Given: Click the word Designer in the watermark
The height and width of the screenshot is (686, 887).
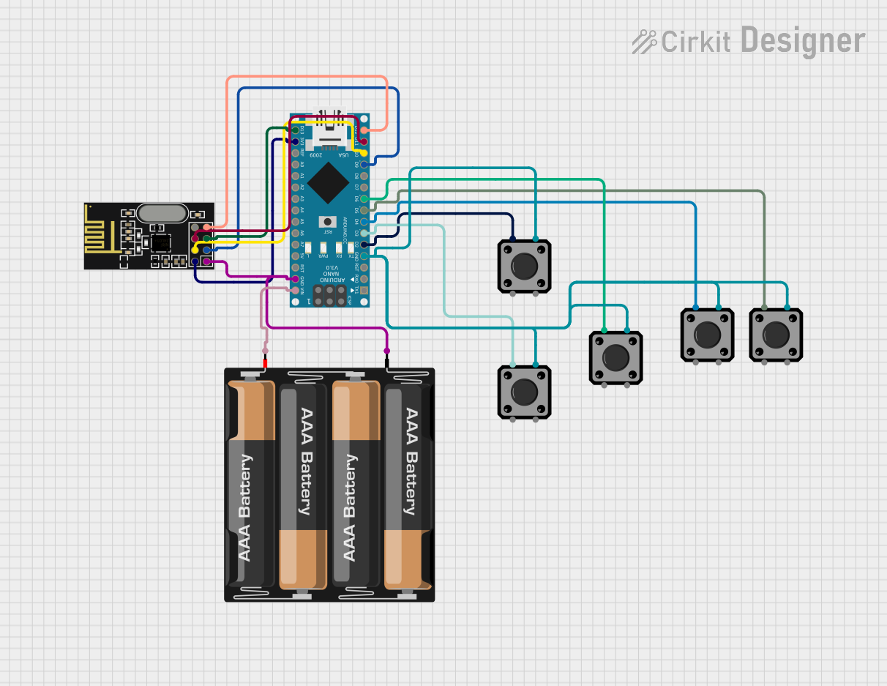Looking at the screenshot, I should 803,40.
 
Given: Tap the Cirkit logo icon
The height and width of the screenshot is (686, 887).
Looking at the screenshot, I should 645,42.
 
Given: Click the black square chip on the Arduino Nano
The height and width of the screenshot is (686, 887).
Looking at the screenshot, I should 329,182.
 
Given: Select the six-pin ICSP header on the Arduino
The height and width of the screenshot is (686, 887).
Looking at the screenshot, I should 330,296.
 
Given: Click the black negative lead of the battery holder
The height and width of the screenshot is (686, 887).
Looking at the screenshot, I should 386,362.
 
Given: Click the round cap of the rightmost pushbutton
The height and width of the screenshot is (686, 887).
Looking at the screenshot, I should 776,335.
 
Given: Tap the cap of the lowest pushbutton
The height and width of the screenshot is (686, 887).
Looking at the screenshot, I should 524,392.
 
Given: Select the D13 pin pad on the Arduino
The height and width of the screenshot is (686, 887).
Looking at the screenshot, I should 296,130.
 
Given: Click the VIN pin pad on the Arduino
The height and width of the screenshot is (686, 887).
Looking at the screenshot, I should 296,290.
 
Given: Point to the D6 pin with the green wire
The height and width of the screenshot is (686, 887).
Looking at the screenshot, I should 364,198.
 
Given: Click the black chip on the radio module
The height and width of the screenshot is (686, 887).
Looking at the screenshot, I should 159,242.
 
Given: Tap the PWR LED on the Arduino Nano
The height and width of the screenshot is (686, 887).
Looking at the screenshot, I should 323,247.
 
